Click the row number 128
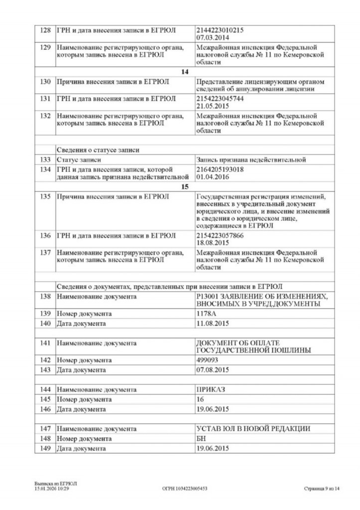pos(45,30)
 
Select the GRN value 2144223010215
pos(220,30)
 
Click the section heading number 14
pos(185,72)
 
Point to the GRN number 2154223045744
pos(220,98)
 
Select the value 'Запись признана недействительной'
pos(250,160)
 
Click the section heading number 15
pos(185,187)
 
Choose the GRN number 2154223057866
pos(220,235)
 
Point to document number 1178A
pos(207,314)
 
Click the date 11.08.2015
pos(213,324)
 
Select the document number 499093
pos(209,360)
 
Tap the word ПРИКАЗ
pos(212,389)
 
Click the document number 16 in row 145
pos(201,399)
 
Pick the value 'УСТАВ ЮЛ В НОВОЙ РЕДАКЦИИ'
pos(254,428)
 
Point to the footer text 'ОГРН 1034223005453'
pos(185,489)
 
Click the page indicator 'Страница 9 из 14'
pos(322,489)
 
